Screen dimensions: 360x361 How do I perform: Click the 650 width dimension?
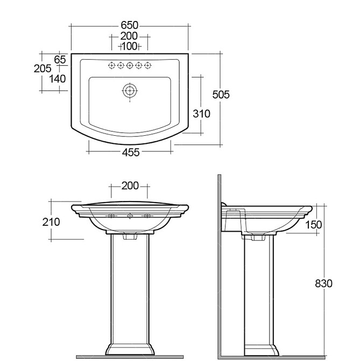[x=130, y=25]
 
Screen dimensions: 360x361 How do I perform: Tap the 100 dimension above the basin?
[x=130, y=46]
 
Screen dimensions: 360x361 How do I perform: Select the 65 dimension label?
[x=60, y=60]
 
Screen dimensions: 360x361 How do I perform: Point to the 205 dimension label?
[x=43, y=68]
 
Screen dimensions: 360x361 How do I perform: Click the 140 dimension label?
[x=57, y=79]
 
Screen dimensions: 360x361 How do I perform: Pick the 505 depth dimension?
[x=221, y=95]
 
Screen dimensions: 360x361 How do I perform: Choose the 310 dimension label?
[x=201, y=114]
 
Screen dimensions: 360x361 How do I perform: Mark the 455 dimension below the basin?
[x=131, y=152]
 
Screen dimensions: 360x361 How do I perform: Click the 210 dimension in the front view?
[x=51, y=222]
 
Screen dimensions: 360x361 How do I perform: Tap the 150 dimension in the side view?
[x=314, y=225]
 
